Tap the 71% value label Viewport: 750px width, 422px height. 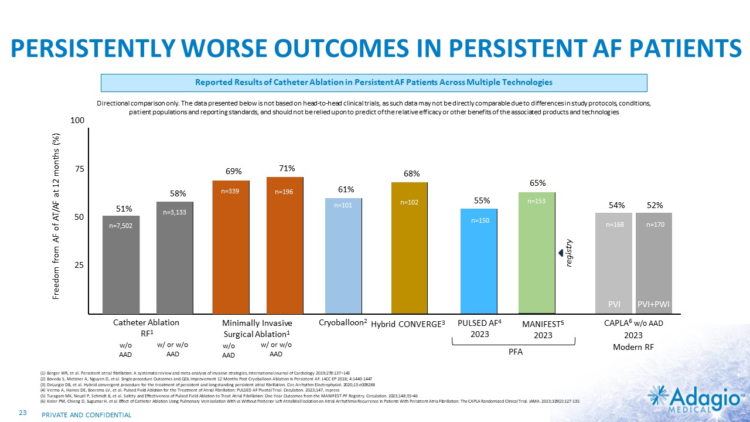[x=287, y=168]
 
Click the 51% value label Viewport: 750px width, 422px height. [x=124, y=208]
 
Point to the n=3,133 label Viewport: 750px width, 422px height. [x=175, y=213]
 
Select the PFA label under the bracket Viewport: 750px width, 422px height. [x=514, y=352]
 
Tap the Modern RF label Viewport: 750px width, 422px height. [x=633, y=347]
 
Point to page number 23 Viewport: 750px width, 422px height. [x=24, y=414]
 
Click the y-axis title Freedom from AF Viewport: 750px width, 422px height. [x=57, y=216]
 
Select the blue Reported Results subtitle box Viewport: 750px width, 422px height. [x=374, y=83]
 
